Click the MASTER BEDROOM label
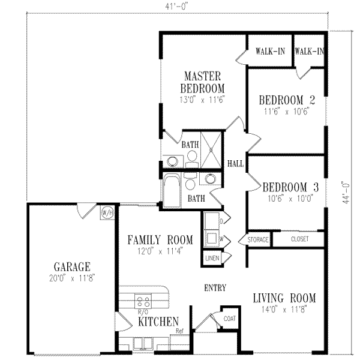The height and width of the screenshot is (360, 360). click(203, 82)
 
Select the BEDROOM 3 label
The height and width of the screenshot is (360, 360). click(283, 184)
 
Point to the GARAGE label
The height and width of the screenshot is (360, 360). click(72, 266)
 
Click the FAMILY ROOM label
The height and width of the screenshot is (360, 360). click(160, 241)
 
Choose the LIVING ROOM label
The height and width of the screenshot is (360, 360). click(284, 298)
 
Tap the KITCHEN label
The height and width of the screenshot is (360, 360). click(158, 322)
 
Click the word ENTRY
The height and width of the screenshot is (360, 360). click(215, 289)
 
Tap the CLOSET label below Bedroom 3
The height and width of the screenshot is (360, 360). click(300, 239)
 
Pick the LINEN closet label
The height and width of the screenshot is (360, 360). click(212, 258)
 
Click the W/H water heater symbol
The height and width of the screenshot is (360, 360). click(107, 212)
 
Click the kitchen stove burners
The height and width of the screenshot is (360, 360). click(144, 302)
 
